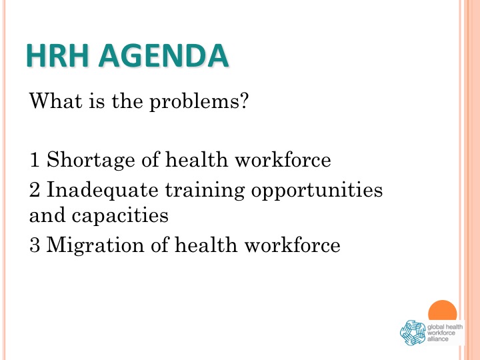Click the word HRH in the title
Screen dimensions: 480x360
click(57, 55)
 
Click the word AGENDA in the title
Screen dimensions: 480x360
click(163, 55)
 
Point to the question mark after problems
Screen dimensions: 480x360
click(244, 100)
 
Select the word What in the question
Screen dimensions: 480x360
click(56, 100)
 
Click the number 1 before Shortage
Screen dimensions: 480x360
click(35, 159)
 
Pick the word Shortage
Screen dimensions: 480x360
click(91, 160)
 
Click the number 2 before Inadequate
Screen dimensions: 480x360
click(35, 189)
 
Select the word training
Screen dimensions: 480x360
click(205, 191)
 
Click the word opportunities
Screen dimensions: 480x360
click(317, 191)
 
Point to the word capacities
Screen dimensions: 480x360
click(120, 215)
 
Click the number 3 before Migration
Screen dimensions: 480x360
click(35, 245)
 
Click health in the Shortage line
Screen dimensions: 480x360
click(197, 159)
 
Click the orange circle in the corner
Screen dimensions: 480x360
click(443, 311)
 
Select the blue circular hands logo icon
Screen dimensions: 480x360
click(413, 333)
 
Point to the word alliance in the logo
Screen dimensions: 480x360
click(438, 339)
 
